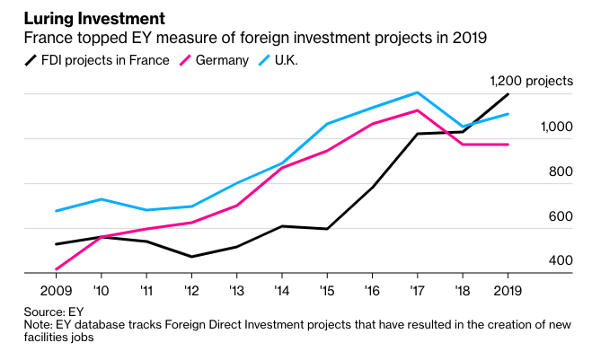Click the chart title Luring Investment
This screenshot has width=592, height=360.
84,17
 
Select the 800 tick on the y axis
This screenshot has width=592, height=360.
560,171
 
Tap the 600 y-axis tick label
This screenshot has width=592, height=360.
560,216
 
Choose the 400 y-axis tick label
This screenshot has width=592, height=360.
560,260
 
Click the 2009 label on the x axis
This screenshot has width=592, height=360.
56,291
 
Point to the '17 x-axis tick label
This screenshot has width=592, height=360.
417,291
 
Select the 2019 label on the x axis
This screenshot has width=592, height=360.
508,291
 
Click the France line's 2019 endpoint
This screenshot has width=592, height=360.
508,94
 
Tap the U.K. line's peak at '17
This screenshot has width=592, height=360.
417,92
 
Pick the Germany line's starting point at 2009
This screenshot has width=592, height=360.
56,269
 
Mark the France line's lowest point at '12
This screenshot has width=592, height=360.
191,257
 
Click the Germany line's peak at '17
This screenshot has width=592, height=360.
417,110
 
